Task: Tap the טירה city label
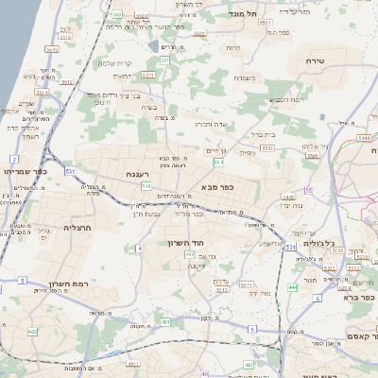coord(315,60)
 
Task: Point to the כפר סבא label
coord(216,187)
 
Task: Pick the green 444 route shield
coord(293,286)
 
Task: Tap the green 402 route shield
coord(190,254)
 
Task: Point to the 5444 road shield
coord(364,138)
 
